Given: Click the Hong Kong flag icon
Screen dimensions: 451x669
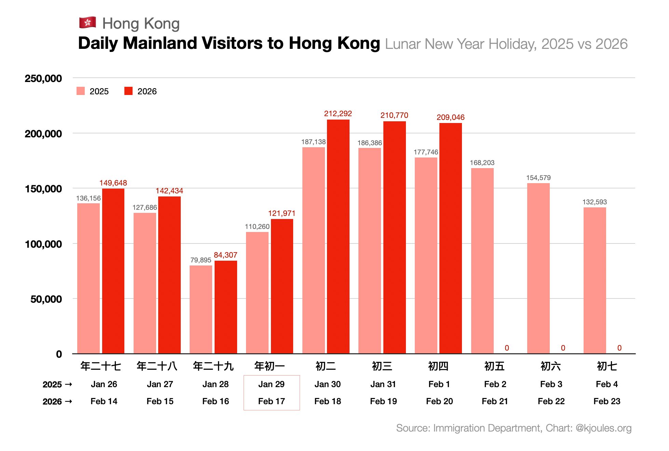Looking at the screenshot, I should point(87,23).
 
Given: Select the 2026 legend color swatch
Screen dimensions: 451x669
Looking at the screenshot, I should point(128,91).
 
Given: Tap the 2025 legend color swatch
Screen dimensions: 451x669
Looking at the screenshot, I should point(81,91).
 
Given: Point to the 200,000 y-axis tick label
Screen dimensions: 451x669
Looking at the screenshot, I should point(43,134).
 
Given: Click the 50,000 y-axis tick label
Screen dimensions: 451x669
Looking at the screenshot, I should point(46,299).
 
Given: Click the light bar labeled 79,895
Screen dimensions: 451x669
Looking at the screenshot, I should point(201,309).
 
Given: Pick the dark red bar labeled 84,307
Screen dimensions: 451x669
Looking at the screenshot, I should point(226,307).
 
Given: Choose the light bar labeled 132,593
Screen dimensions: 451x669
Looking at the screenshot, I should point(595,280).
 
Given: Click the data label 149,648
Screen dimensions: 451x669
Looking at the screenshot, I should point(113,183).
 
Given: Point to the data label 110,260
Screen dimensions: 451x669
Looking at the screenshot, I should point(257,227).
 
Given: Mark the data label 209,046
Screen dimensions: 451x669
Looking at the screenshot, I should point(450,117).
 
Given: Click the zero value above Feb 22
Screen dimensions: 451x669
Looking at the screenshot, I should point(563,348).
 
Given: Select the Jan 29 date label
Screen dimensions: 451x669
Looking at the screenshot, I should point(271,384).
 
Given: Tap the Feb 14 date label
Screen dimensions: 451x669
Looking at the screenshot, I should point(104,401).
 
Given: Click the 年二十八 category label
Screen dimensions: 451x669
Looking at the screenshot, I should point(157,366).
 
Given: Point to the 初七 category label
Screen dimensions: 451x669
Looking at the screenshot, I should point(607,366).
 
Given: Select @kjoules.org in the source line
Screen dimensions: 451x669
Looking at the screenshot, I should point(603,428).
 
